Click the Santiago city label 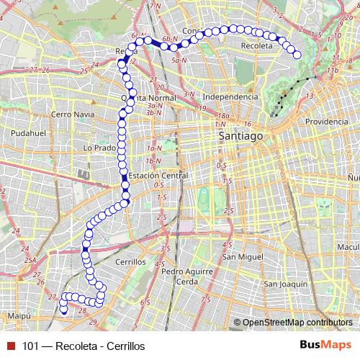(241, 135)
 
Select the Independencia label (230, 96)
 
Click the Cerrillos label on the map (130, 262)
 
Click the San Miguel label (240, 256)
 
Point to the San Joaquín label (285, 284)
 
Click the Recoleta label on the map (258, 45)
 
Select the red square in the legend (11, 346)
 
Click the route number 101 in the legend (30, 346)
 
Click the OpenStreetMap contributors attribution (297, 322)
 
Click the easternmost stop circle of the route (297, 55)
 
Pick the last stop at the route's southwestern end (63, 311)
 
